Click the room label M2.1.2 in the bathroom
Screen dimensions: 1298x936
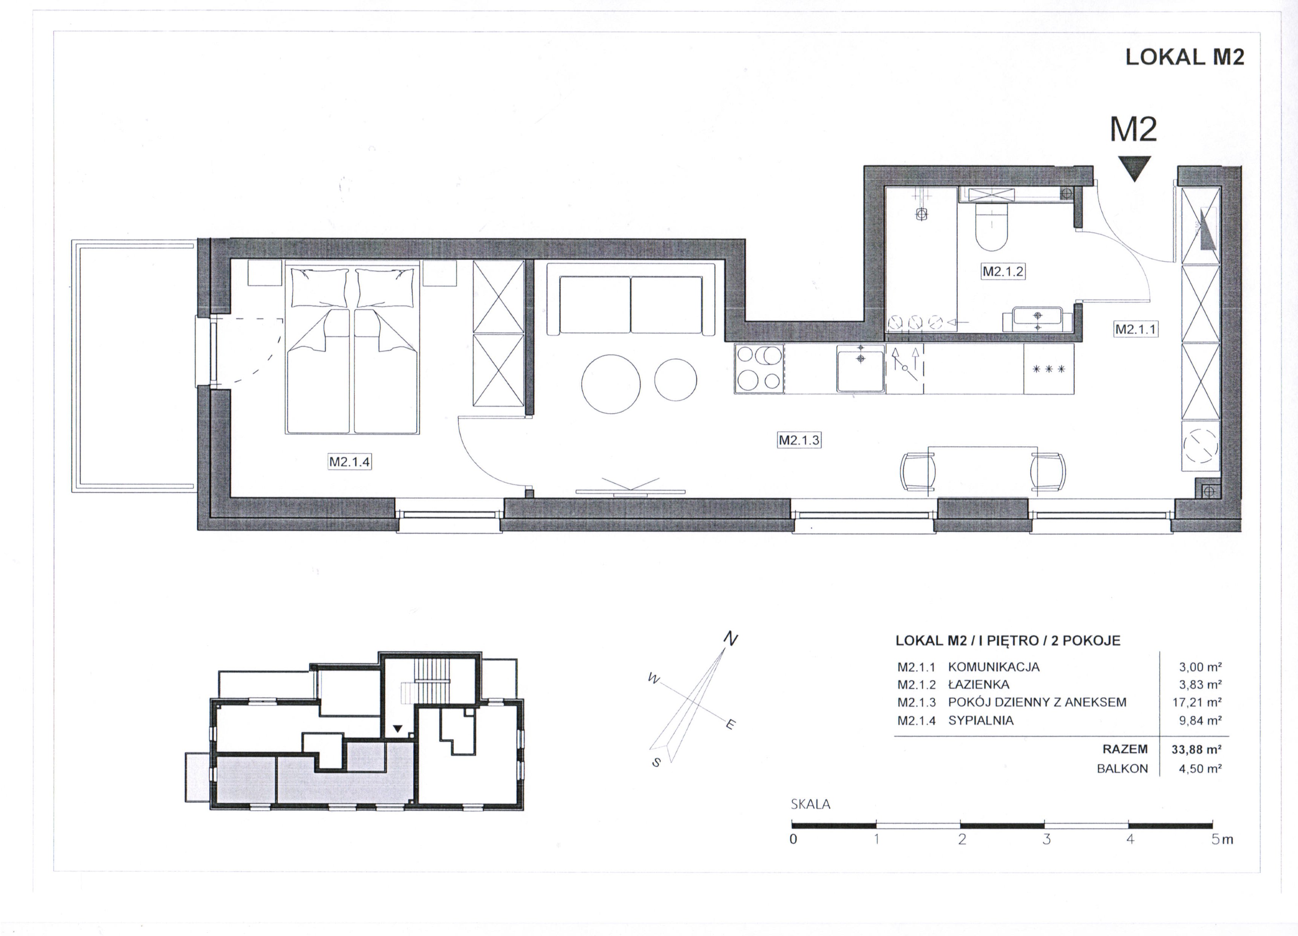[1003, 271]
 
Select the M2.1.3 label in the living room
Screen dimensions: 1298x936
[799, 440]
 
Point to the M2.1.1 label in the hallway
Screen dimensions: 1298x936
[1136, 329]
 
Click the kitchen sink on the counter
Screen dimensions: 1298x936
[860, 368]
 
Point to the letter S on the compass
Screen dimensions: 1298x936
[657, 762]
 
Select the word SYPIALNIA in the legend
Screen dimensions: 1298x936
[981, 720]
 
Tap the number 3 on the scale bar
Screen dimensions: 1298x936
[1046, 840]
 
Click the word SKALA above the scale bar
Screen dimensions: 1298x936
[810, 804]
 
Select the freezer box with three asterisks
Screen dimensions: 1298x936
[1048, 368]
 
